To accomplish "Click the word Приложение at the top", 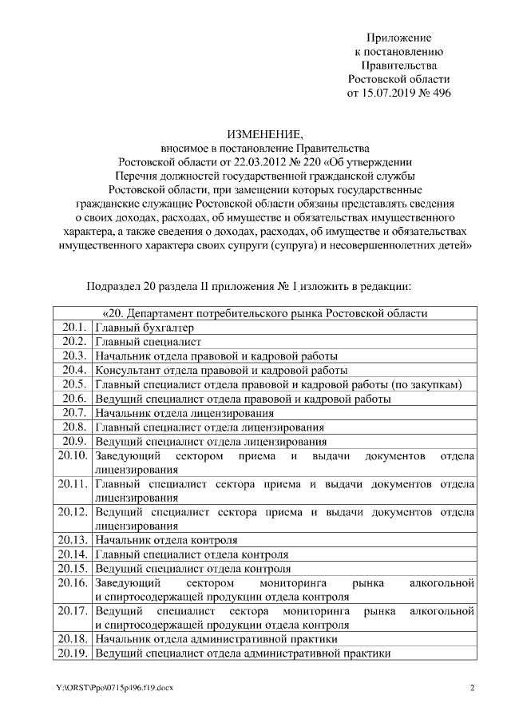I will (x=398, y=38).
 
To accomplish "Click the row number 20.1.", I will (x=73, y=328).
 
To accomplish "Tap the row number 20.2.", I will (x=73, y=342).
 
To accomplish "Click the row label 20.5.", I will (x=73, y=384).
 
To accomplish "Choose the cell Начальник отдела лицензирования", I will (x=184, y=413).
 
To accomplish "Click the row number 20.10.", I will (x=73, y=455).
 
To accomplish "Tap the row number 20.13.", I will (x=73, y=539).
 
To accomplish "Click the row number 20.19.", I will (x=73, y=653).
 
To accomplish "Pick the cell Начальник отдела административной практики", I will (x=216, y=639).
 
